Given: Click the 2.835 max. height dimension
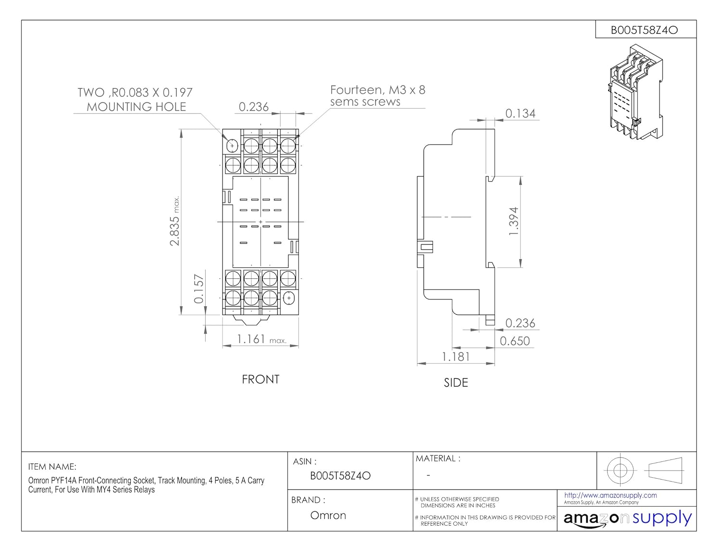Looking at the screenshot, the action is [x=174, y=221].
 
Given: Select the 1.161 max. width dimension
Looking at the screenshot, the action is [x=261, y=339].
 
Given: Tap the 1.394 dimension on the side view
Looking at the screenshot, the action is [x=513, y=221].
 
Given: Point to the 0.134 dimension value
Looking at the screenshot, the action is [x=520, y=113].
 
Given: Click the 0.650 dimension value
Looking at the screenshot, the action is [x=515, y=341].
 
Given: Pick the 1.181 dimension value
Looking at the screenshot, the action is [x=456, y=357].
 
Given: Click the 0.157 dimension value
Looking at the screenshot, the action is [x=199, y=289].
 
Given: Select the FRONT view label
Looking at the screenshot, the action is [x=261, y=379].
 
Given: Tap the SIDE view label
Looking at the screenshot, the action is [x=456, y=383].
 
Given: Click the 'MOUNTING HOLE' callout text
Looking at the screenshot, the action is [x=137, y=107].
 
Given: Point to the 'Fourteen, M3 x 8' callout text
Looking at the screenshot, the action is [x=378, y=90].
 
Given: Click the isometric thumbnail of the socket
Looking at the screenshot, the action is [x=636, y=92].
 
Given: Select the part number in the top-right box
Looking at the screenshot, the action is [x=645, y=30].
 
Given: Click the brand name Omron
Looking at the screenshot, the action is [x=328, y=515].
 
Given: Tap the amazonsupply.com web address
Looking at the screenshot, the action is [x=610, y=495].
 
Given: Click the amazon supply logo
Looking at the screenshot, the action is [x=627, y=519].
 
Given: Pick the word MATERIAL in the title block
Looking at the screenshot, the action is [x=435, y=458].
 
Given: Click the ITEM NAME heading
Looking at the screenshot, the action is [x=52, y=467].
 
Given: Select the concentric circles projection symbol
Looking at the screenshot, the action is [x=620, y=470].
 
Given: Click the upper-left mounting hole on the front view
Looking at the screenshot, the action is [x=232, y=146].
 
